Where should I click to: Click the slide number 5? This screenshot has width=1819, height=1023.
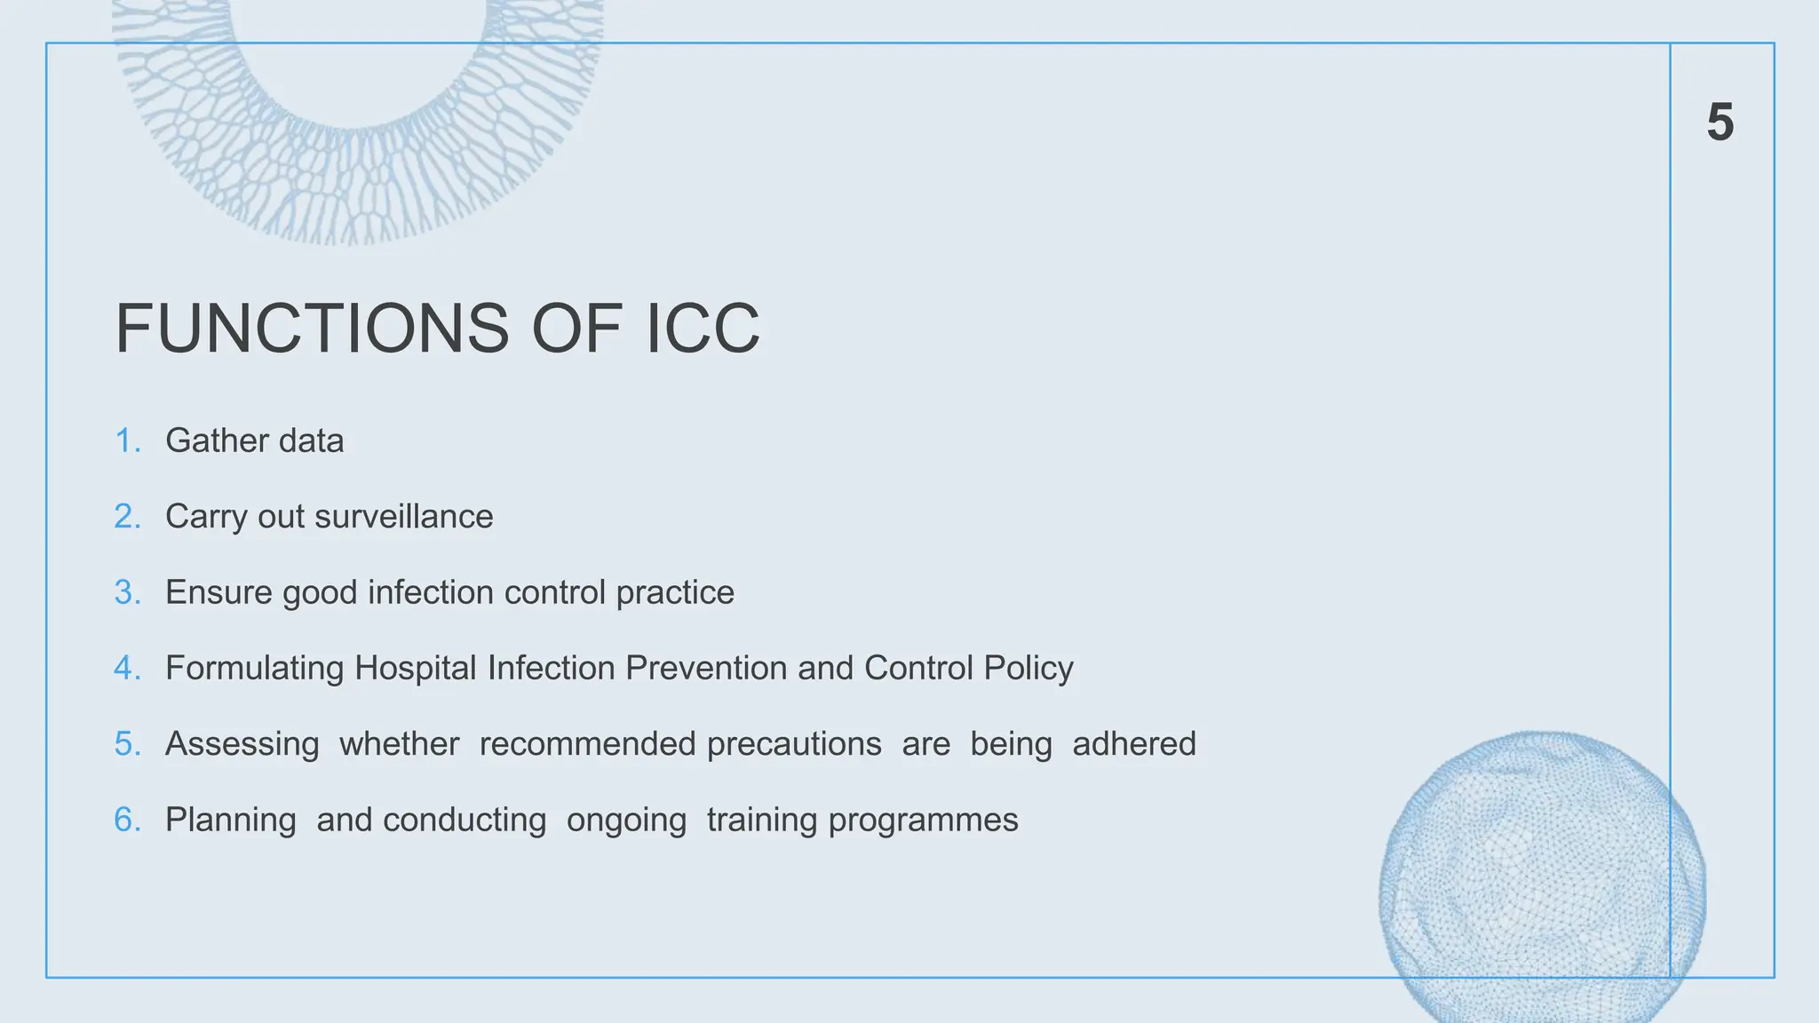[x=1720, y=122]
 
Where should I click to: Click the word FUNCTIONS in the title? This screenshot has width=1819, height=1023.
[x=312, y=329]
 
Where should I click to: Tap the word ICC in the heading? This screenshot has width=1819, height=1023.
[x=703, y=329]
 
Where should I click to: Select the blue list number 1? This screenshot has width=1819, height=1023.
[x=127, y=440]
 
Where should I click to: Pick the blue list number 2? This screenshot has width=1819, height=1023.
[x=127, y=516]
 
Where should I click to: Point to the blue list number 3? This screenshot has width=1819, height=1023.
[x=127, y=592]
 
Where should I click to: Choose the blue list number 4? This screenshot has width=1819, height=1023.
[x=127, y=668]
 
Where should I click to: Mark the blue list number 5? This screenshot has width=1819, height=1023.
[x=127, y=743]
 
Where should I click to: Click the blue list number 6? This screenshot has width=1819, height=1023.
[x=127, y=820]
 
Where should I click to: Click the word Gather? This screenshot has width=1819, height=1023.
[x=216, y=440]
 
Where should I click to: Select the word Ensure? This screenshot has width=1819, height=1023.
[x=218, y=592]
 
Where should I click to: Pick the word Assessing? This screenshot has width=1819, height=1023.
[x=242, y=744]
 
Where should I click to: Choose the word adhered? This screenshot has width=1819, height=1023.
[x=1134, y=743]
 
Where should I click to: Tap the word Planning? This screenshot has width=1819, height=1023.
[x=231, y=821]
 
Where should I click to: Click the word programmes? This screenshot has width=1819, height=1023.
[x=923, y=821]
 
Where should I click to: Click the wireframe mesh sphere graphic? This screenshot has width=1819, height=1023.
[x=1542, y=879]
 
